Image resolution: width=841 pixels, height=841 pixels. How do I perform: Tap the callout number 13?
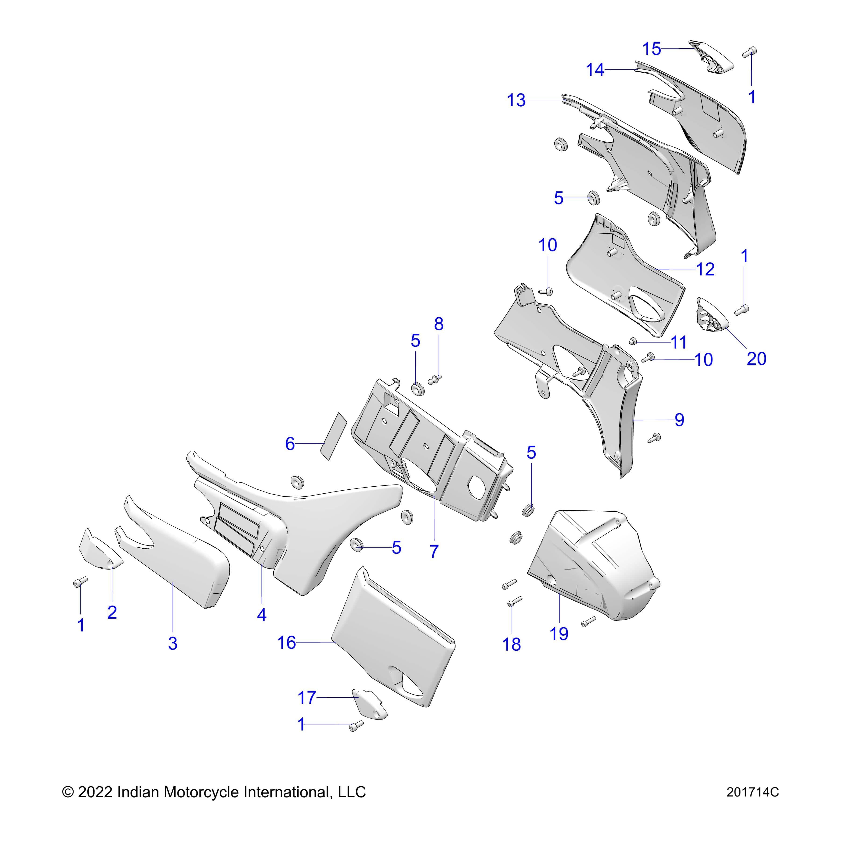coord(516,100)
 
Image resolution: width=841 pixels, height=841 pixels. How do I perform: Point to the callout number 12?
coord(705,269)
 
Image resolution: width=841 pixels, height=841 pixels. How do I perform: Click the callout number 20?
coord(756,358)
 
